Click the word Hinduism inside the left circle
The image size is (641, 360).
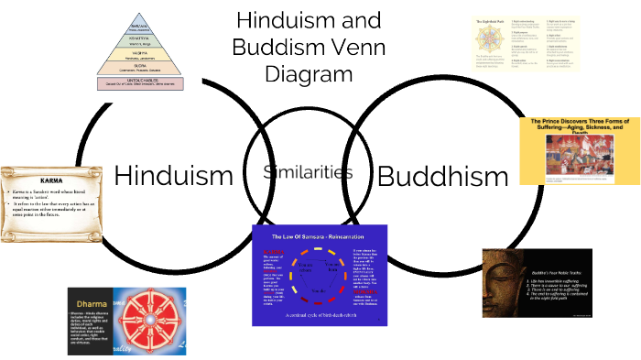pos(174,176)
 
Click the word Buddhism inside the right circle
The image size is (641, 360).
pos(442,176)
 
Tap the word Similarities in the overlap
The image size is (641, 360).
pos(308,172)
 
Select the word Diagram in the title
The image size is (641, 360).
pos(308,73)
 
